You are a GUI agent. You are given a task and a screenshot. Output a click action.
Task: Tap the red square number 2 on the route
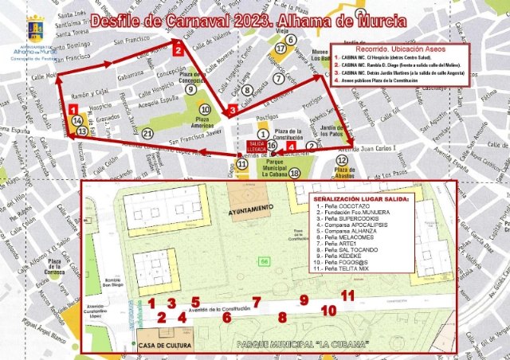[178, 49]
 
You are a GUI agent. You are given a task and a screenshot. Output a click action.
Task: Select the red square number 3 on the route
[232, 110]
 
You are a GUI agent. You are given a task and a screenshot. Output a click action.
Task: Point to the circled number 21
[147, 133]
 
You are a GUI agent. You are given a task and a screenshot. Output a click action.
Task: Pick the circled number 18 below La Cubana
[295, 174]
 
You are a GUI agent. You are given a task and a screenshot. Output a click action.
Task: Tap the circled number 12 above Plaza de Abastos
[341, 160]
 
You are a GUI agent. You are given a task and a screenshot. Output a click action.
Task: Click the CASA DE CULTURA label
[167, 346]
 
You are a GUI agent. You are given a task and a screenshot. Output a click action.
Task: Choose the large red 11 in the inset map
[347, 295]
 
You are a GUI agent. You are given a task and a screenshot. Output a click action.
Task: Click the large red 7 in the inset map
[257, 302]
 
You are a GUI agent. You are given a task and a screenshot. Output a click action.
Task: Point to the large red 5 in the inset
[195, 302]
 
